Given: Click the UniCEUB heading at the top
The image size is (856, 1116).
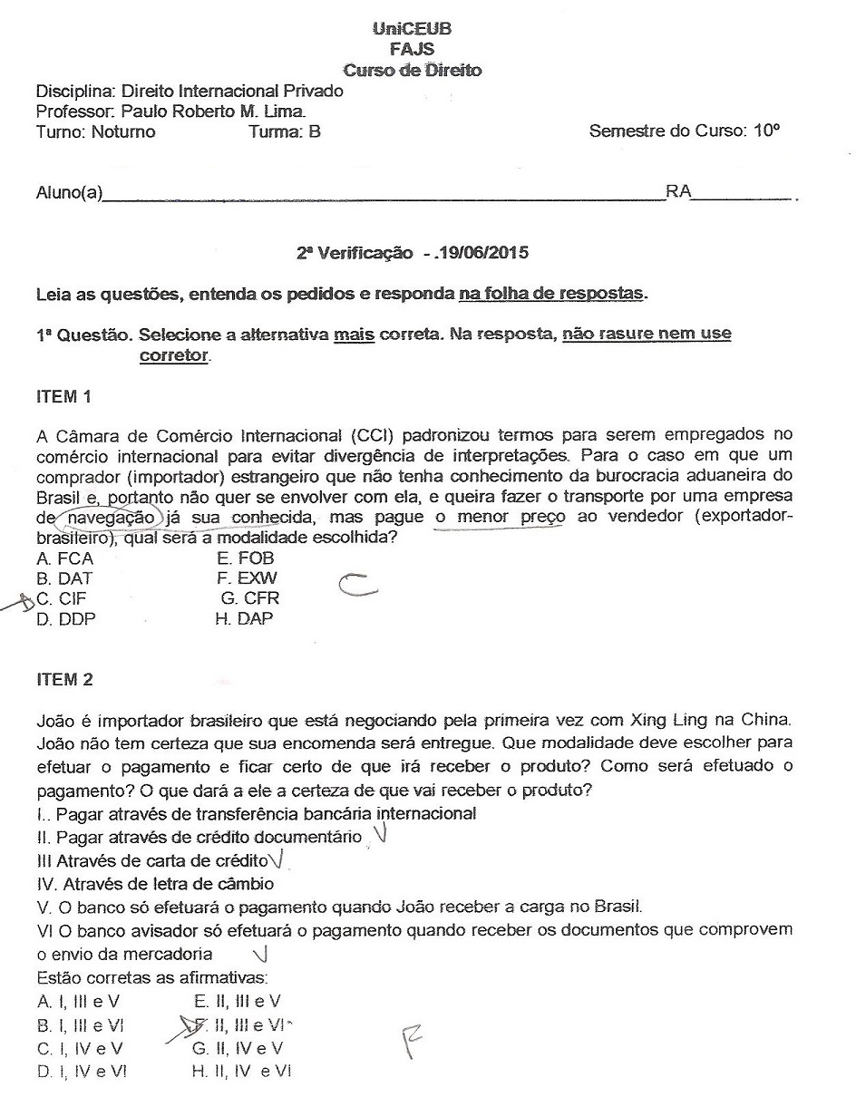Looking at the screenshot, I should coord(412,29).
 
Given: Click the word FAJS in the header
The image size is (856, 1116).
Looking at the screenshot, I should coord(412,50).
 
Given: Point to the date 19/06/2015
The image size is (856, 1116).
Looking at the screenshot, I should coord(481,253).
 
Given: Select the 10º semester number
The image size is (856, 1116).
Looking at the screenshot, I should coord(765,131).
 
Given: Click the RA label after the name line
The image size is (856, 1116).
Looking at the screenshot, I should coord(678,192).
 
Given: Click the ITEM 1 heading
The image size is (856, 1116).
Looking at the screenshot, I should coord(64,396).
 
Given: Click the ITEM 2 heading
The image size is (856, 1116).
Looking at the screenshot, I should coord(64,680).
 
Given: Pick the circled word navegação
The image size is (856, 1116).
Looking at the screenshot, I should coord(112,517).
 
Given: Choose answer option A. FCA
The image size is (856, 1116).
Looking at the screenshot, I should coord(64,558).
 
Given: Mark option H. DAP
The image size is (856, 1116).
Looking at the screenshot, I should coord(244,619).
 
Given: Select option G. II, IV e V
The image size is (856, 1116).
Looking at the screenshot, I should coord(238,1049).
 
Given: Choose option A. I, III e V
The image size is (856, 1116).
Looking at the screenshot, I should coord(79,1002).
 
